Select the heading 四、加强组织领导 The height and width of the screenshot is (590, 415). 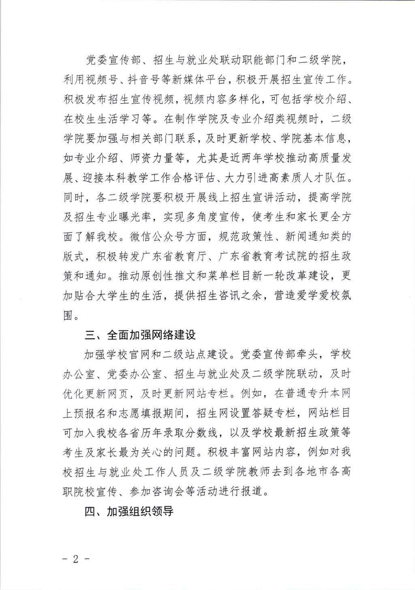coord(129,511)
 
